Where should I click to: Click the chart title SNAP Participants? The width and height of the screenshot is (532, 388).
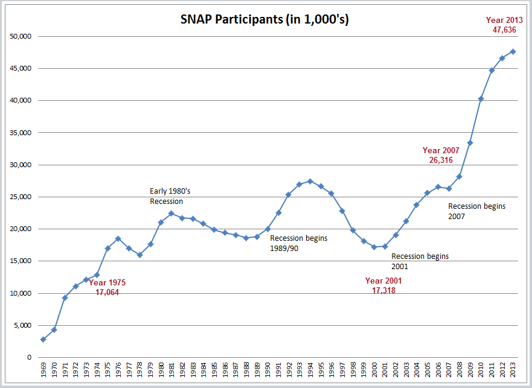[264, 19]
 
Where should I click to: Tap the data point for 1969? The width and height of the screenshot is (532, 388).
[43, 339]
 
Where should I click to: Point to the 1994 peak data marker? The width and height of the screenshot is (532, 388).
[310, 181]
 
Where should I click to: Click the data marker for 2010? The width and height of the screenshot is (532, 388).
[481, 98]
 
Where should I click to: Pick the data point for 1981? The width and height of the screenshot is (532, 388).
[171, 213]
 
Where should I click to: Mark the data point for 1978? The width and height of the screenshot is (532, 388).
[139, 255]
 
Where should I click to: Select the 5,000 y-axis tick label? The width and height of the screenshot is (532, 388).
[23, 325]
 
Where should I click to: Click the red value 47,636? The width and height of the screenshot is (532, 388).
[504, 30]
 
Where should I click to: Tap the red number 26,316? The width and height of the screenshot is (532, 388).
[441, 160]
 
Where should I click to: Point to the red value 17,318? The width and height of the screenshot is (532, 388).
[383, 290]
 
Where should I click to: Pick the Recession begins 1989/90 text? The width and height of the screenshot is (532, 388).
[298, 243]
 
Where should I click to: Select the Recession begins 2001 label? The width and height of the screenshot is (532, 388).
[420, 261]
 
